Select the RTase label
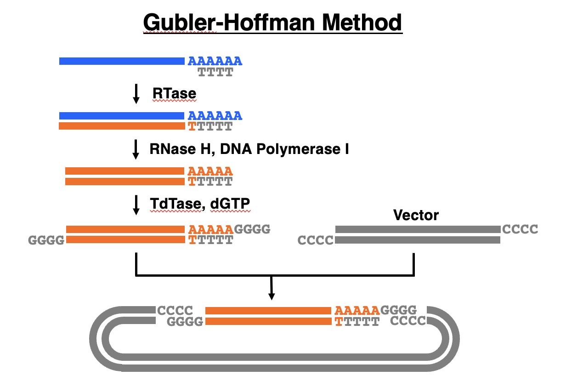pos(174,94)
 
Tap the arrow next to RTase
pos(136,94)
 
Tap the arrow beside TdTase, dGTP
pos(136,205)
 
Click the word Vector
pos(416,215)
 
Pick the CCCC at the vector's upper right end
pos(520,229)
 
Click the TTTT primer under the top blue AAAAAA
pos(215,72)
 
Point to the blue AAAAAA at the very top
pos(215,61)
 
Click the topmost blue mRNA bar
pos(122,61)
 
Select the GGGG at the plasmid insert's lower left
pos(185,322)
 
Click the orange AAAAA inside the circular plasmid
pos(357,311)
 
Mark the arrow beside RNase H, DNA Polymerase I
pos(136,149)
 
